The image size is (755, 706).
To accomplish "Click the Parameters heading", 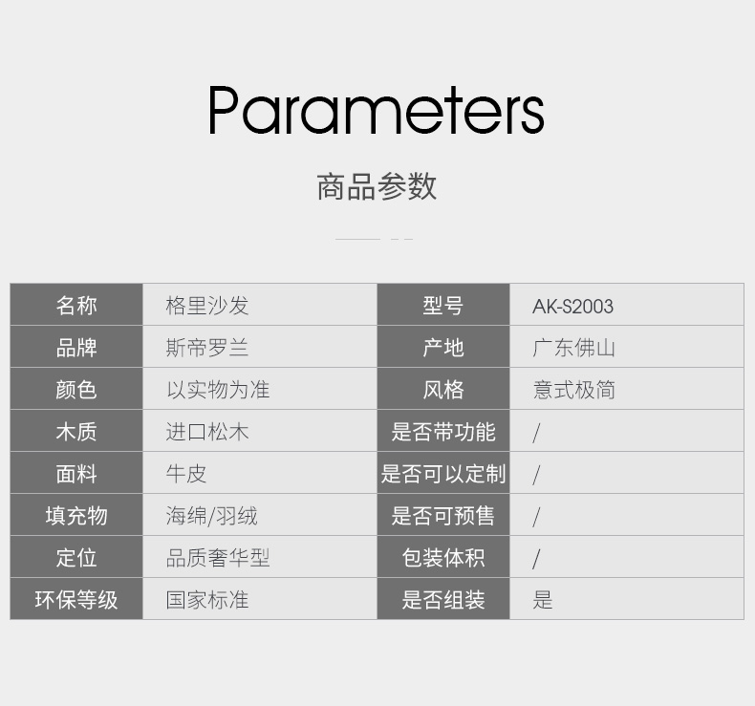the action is pyautogui.click(x=377, y=110).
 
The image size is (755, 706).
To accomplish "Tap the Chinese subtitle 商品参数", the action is pyautogui.click(x=377, y=186).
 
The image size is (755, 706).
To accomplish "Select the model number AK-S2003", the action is pyautogui.click(x=572, y=306).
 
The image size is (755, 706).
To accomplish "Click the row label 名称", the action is pyautogui.click(x=76, y=306).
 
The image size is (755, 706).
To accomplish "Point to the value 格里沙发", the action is pyautogui.click(x=207, y=306).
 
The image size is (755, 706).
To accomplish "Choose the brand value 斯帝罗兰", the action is pyautogui.click(x=207, y=348).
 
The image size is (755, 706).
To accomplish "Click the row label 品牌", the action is pyautogui.click(x=76, y=348).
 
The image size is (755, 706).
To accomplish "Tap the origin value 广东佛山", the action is pyautogui.click(x=573, y=348).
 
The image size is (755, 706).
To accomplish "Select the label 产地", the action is pyautogui.click(x=443, y=348).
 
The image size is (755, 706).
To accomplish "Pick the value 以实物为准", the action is pyautogui.click(x=218, y=390).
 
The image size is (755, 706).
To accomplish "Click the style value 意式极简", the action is pyautogui.click(x=573, y=390).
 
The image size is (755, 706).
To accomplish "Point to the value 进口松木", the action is pyautogui.click(x=207, y=432).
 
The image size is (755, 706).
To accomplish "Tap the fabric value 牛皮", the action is pyautogui.click(x=186, y=474).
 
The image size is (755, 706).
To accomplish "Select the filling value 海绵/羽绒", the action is pyautogui.click(x=212, y=516).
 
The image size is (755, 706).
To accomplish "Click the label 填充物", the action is pyautogui.click(x=76, y=516).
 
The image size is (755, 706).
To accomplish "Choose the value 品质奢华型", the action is pyautogui.click(x=218, y=558).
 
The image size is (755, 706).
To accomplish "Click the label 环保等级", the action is pyautogui.click(x=76, y=600).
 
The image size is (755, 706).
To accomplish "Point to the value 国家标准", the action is pyautogui.click(x=207, y=600).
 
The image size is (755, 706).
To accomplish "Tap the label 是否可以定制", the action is pyautogui.click(x=443, y=474).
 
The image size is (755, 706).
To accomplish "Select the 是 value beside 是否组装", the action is pyautogui.click(x=542, y=600).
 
